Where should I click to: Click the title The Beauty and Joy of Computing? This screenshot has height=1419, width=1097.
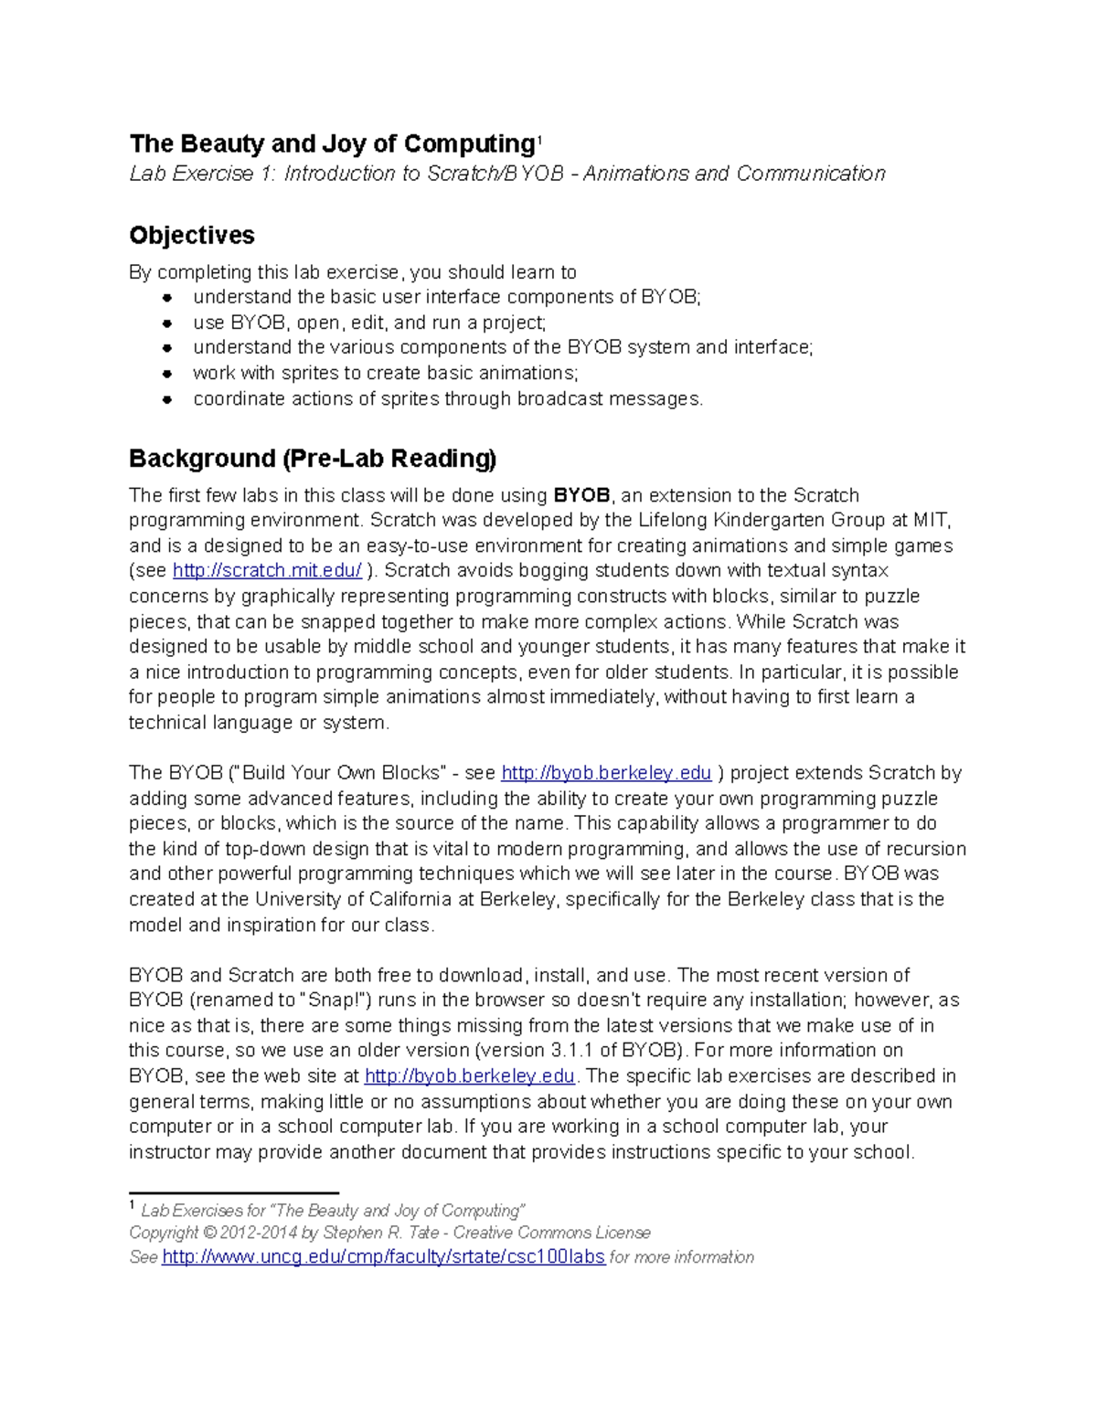(x=331, y=144)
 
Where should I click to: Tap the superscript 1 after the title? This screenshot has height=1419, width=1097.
(x=539, y=140)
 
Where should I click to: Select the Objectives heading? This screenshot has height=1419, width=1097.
(x=191, y=236)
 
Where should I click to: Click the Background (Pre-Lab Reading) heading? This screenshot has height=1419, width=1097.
(x=313, y=459)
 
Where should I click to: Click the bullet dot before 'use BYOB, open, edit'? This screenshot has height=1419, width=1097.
(x=167, y=323)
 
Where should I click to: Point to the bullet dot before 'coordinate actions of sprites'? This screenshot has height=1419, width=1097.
(x=167, y=399)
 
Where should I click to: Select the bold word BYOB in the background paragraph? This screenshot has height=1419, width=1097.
(x=581, y=496)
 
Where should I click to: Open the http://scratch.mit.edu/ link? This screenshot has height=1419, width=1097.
(x=267, y=571)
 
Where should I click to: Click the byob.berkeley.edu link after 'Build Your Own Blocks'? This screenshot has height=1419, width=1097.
(x=606, y=773)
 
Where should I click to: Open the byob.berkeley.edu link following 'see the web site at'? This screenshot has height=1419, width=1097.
(x=469, y=1076)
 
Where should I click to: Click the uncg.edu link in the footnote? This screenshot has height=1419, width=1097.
(x=383, y=1257)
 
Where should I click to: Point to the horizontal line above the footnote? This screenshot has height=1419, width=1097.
(x=234, y=1192)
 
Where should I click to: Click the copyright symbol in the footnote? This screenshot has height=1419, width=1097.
(x=209, y=1233)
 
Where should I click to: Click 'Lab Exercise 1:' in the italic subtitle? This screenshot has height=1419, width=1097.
(x=202, y=174)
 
